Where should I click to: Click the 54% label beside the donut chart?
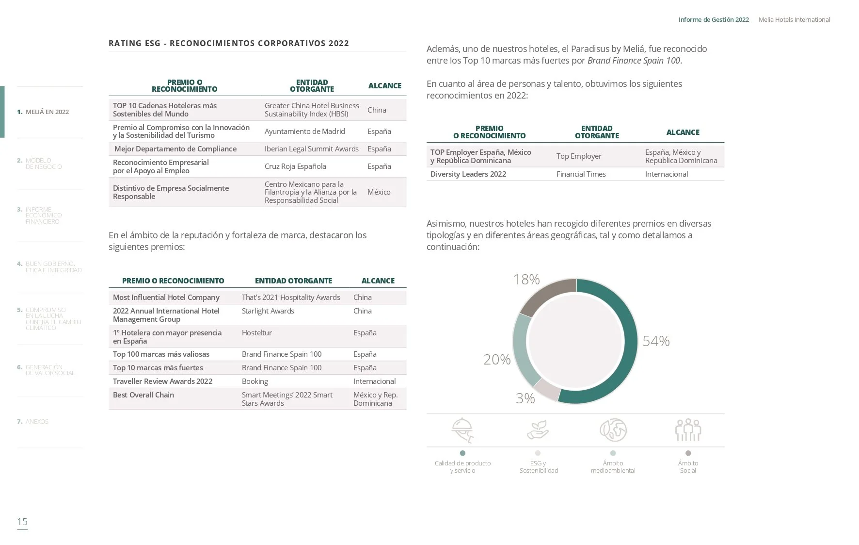point(656,341)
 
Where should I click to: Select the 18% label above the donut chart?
point(526,280)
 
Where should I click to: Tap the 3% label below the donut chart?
point(525,398)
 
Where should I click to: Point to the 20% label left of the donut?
point(497,360)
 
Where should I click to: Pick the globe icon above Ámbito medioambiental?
point(613,430)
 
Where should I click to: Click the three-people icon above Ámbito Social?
point(688,430)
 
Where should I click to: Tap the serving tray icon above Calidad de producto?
point(462,430)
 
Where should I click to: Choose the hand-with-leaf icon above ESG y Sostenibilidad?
point(538,430)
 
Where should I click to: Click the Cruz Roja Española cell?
point(295,166)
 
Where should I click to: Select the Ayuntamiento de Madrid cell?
point(304,132)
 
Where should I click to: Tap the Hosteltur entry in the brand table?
point(256,333)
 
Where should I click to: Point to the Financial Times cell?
point(581,174)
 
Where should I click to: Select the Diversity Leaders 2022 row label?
point(468,174)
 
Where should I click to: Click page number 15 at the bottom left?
point(22,522)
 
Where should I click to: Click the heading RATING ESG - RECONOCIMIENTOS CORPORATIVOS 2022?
point(229,43)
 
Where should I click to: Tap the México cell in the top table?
point(379,192)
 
